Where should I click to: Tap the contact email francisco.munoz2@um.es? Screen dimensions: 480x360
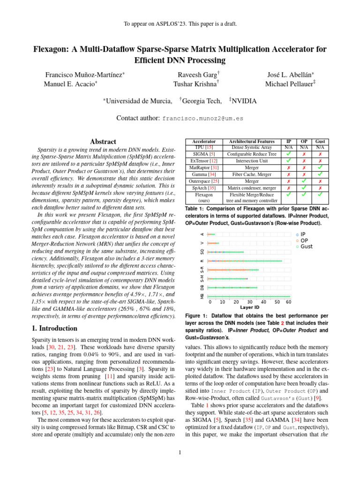(x=202, y=119)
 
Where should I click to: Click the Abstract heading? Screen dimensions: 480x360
(x=104, y=142)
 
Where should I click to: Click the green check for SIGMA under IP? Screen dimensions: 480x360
(x=288, y=154)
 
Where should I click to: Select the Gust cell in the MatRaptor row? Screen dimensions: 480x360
(x=320, y=167)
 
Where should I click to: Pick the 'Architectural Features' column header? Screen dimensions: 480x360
(x=252, y=141)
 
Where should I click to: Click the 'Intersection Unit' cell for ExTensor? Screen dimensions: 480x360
(x=252, y=160)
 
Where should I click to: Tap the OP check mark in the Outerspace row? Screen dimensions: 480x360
(x=304, y=180)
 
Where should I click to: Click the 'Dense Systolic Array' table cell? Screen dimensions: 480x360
(x=252, y=147)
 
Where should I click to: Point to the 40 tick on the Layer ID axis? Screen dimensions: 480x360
(x=263, y=302)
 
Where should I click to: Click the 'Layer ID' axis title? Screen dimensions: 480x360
(x=249, y=308)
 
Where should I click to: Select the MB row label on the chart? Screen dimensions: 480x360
(x=202, y=296)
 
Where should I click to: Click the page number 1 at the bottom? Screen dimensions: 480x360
(x=180, y=452)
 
